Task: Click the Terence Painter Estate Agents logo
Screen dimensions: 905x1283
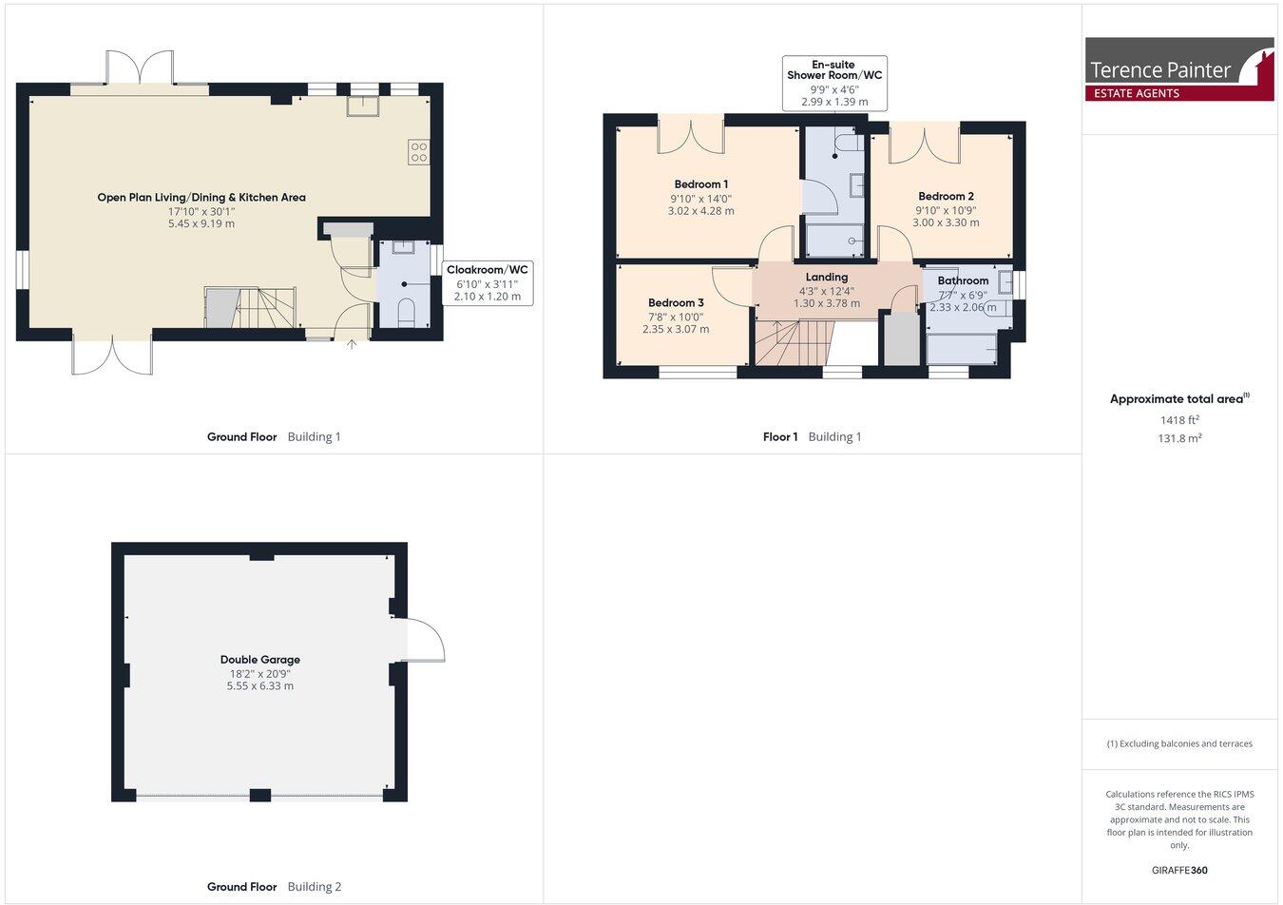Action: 1178,69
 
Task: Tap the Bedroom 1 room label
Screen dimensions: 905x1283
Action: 701,184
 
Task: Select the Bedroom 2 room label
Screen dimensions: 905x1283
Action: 946,197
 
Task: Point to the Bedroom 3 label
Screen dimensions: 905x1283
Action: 676,303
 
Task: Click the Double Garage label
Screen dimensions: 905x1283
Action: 259,660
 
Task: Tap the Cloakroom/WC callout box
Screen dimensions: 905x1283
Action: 487,283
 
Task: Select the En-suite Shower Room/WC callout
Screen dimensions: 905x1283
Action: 821,84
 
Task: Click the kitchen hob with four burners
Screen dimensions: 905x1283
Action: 418,152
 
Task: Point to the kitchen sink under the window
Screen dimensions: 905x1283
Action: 363,105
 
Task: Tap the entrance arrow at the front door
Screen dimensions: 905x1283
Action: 353,343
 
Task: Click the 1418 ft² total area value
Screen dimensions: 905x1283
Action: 1179,419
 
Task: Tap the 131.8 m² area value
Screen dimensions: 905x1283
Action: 1179,438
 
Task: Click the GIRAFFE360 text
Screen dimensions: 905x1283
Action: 1179,870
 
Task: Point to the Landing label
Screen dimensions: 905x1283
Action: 826,278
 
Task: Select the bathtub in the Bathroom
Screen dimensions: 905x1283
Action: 962,349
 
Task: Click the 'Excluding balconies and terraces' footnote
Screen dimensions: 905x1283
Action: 1179,743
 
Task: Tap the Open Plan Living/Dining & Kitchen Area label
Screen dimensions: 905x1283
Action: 201,198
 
